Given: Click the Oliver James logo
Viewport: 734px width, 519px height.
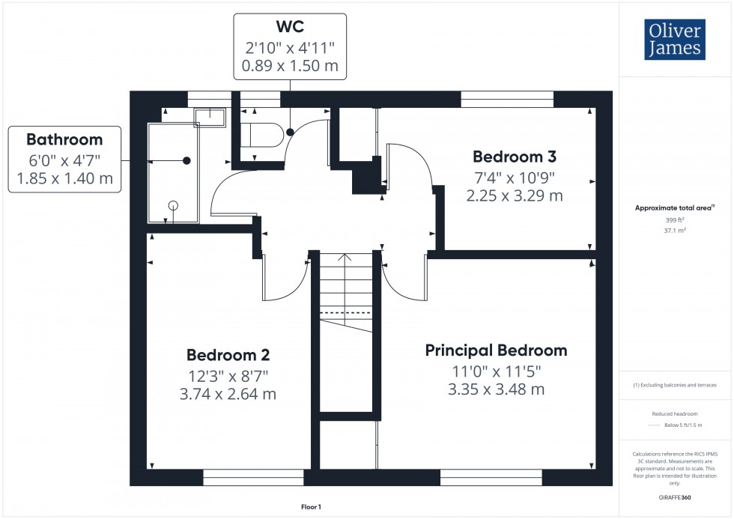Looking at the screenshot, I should pos(674,40).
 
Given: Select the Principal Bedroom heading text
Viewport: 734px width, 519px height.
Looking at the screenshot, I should pos(496,350).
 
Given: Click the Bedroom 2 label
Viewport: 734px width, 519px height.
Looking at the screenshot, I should pos(228,355).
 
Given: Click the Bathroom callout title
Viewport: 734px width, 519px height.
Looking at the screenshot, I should pos(64,139).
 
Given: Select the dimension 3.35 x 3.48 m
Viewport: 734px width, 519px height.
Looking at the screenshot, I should pos(496,389).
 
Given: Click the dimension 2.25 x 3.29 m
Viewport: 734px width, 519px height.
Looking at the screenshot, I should pos(514,196).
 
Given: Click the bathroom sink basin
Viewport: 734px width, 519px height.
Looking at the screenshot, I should pos(209,117).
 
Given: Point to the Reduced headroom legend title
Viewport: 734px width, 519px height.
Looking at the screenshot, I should pos(676,413).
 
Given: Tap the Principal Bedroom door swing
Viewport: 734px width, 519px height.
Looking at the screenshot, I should pos(404,281).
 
